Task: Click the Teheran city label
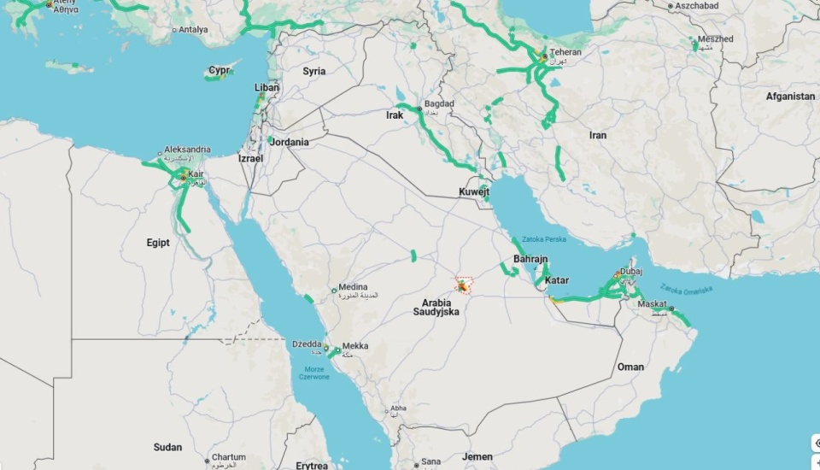pos(565,52)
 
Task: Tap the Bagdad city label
pos(440,104)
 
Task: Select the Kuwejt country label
pos(475,192)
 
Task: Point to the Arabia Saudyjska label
pos(436,307)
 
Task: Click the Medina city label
pos(353,287)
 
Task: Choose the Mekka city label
pos(355,346)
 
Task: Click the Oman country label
pos(630,367)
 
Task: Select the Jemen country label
pos(477,457)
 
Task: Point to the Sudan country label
pos(167,447)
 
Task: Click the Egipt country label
pos(158,243)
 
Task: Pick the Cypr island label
pos(220,70)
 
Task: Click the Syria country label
pos(314,71)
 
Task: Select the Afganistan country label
pos(790,97)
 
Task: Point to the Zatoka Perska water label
pos(543,239)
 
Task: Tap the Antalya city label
pos(193,30)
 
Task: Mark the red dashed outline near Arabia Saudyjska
pos(464,285)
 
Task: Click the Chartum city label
pos(228,458)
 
